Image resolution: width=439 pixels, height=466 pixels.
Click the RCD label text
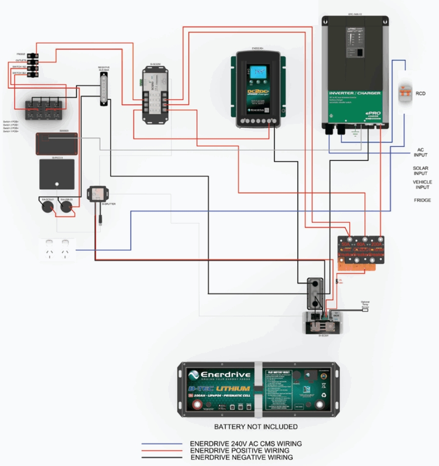click(420, 93)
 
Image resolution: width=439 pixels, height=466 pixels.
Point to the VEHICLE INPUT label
click(422, 185)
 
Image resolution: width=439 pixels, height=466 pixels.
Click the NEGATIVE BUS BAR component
click(104, 89)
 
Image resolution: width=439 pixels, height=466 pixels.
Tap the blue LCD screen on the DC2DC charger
click(259, 75)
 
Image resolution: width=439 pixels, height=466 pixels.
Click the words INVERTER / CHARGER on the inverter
click(354, 93)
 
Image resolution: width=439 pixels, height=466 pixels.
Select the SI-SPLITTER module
click(97, 193)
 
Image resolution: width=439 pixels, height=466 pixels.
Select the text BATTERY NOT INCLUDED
click(256, 427)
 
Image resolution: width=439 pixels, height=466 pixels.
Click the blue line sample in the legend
click(161, 444)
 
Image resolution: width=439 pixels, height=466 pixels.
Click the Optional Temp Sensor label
click(365, 304)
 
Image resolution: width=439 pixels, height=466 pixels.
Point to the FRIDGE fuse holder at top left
click(33, 54)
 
